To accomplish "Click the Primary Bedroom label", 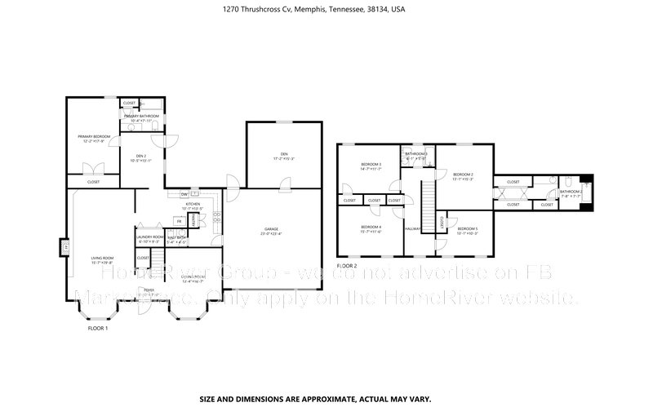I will click(x=94, y=136).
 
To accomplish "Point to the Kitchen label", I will click(x=193, y=204).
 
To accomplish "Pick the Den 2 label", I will click(x=140, y=156).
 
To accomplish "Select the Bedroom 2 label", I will click(x=463, y=175).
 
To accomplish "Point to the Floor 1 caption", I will click(x=98, y=328).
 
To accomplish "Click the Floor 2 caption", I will click(x=347, y=266).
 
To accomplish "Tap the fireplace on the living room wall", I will click(x=62, y=246).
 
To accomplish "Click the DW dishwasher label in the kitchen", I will click(x=184, y=194).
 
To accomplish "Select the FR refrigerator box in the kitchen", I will click(x=179, y=221).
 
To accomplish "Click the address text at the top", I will click(x=326, y=10).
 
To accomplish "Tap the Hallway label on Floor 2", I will click(x=412, y=228).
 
